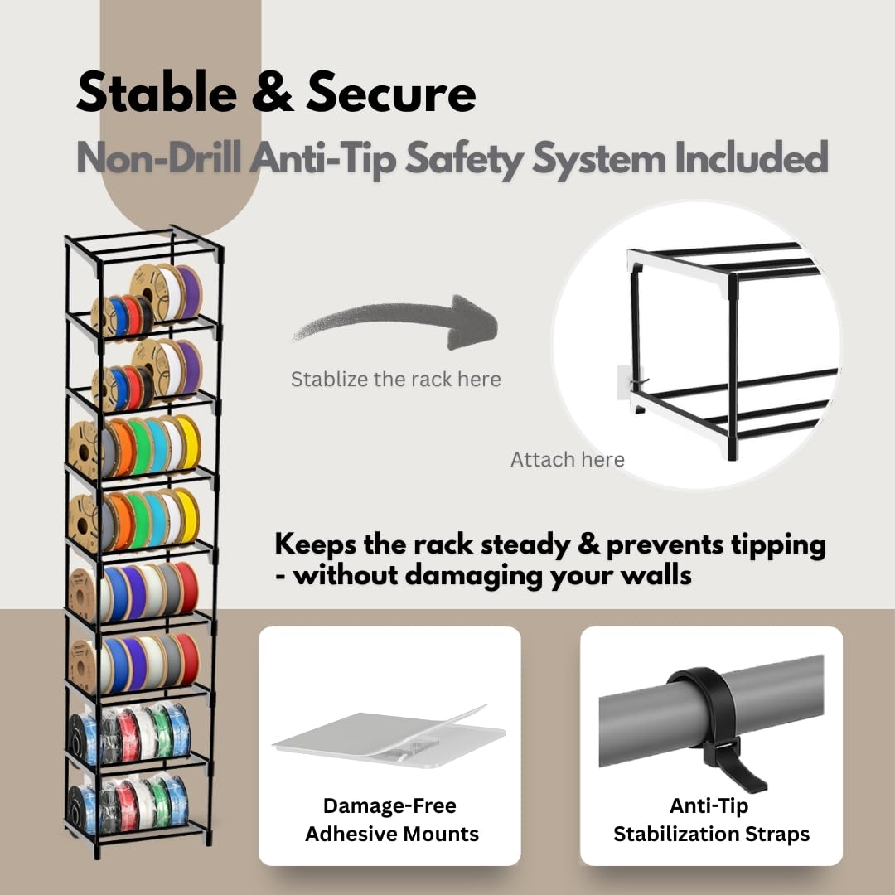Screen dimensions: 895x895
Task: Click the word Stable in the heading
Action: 157,92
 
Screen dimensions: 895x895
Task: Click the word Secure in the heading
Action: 391,92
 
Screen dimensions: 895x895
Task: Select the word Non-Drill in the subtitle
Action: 158,157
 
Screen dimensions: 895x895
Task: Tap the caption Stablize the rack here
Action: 396,379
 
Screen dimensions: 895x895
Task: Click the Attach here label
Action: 568,459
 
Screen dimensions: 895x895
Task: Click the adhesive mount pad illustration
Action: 389,737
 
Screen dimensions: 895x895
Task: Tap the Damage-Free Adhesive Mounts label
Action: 391,820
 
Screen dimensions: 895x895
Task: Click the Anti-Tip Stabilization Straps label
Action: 711,820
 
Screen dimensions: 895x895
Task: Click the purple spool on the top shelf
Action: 189,293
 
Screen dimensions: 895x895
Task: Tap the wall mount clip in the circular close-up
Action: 630,380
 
